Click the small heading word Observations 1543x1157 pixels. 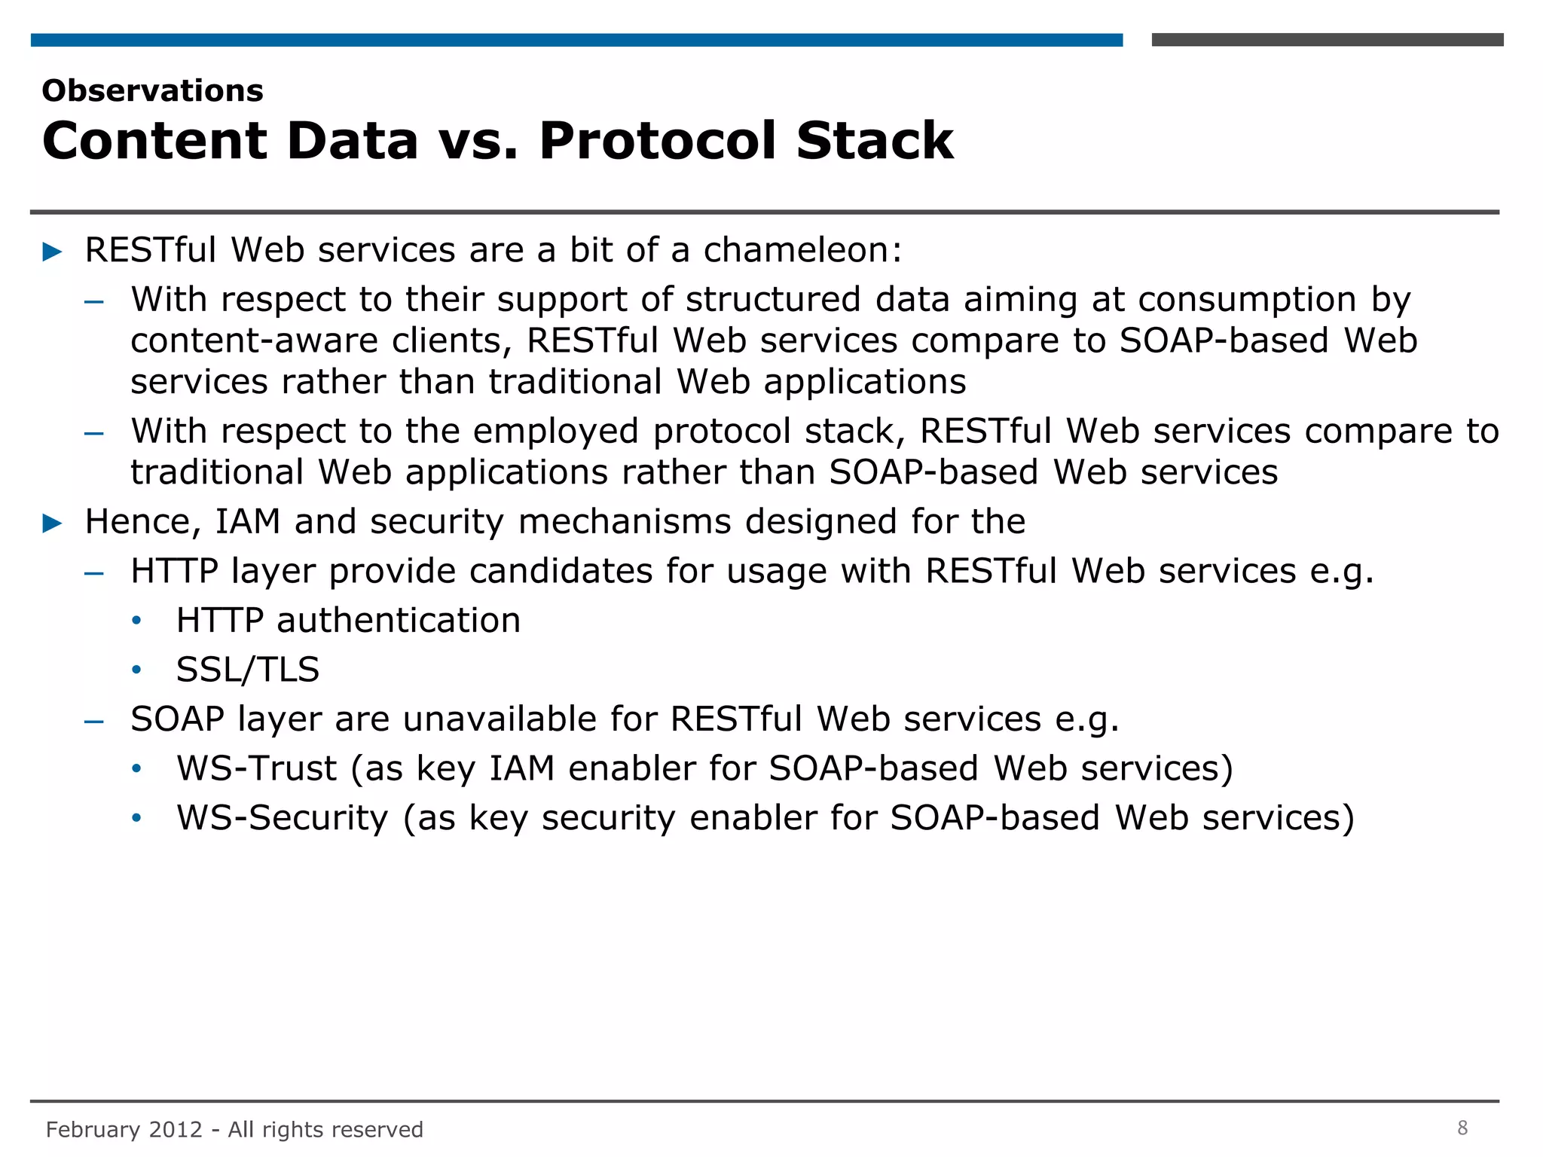pyautogui.click(x=152, y=91)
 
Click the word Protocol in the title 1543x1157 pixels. pyautogui.click(x=656, y=141)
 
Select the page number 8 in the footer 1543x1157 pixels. pyautogui.click(x=1462, y=1128)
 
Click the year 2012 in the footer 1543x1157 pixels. pyautogui.click(x=176, y=1130)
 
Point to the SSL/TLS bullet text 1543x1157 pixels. pyautogui.click(x=248, y=670)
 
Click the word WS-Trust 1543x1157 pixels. pyautogui.click(x=256, y=768)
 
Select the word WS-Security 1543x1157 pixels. pyautogui.click(x=282, y=818)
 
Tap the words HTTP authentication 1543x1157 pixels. pyautogui.click(x=348, y=621)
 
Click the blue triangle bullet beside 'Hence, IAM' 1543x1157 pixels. pyautogui.click(x=53, y=523)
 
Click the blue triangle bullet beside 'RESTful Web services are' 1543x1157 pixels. pyautogui.click(x=53, y=252)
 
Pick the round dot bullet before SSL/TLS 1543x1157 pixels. pyautogui.click(x=136, y=670)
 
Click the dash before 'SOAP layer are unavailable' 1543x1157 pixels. pyautogui.click(x=94, y=721)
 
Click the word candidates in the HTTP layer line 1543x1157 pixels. pyautogui.click(x=561, y=571)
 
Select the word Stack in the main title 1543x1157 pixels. pyautogui.click(x=875, y=141)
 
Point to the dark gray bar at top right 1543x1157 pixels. pyautogui.click(x=1327, y=40)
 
